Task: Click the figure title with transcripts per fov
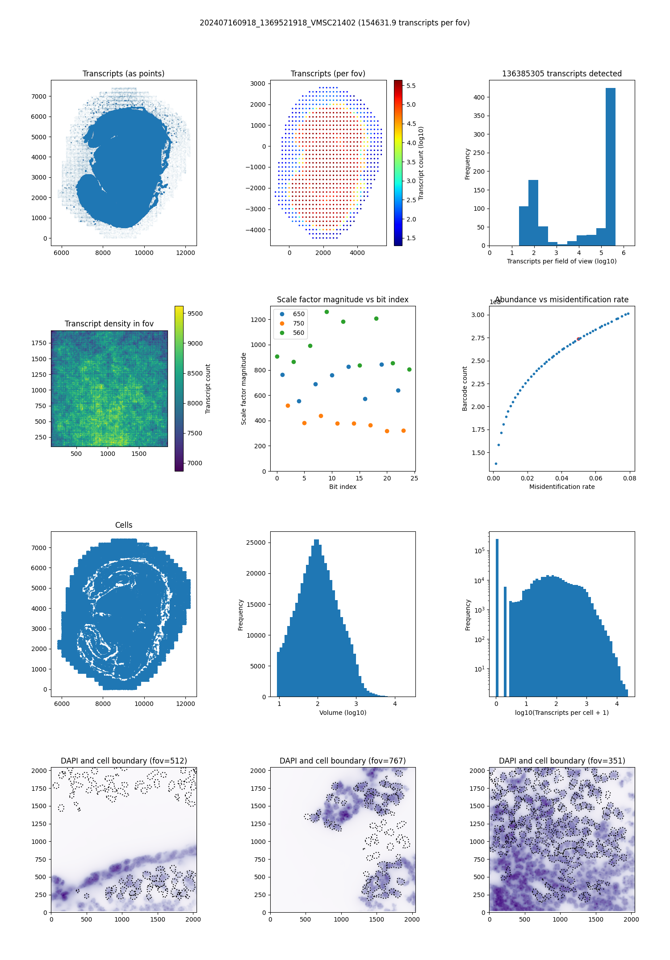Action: coord(335,23)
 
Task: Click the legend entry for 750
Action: coord(298,323)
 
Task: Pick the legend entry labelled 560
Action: coord(298,333)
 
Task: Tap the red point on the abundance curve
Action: coord(578,339)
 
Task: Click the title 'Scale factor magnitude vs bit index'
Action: coord(343,300)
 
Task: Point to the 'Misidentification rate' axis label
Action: coord(562,487)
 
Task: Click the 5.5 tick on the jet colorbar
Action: coord(411,86)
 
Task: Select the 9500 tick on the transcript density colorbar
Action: coord(195,313)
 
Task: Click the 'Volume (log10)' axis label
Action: coord(343,713)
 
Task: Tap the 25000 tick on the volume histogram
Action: coord(256,543)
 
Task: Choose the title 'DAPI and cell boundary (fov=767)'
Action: coord(343,761)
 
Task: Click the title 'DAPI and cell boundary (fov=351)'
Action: coord(562,761)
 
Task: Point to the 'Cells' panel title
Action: coord(124,525)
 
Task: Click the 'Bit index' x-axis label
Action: coord(343,487)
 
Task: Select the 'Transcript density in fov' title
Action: coord(109,324)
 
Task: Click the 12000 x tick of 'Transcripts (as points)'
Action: coord(185,253)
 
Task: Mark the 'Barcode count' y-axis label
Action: coord(465,388)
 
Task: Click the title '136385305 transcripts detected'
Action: coord(562,74)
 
